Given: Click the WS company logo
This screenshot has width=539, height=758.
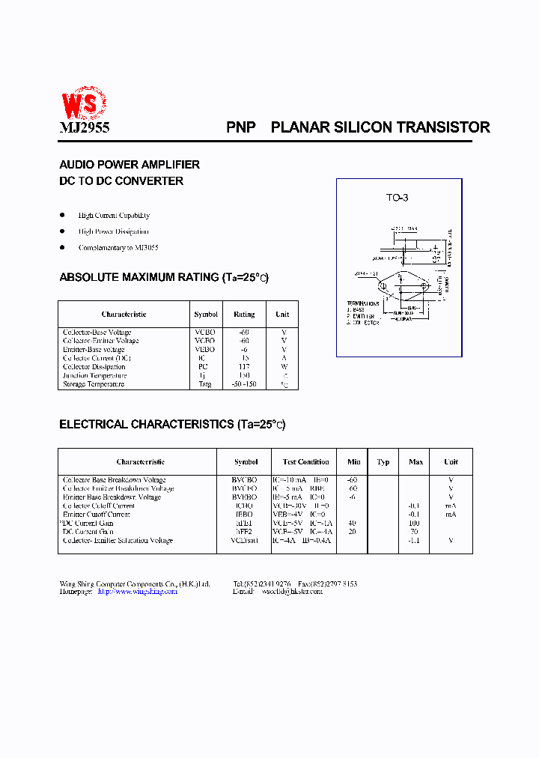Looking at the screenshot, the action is click(83, 103).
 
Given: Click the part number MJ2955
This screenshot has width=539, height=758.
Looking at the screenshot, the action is click(84, 128).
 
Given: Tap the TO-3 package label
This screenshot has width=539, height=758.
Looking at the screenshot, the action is click(397, 198).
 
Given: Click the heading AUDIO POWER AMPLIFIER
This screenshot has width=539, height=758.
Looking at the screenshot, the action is click(130, 164).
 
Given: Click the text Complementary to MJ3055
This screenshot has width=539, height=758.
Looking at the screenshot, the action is click(118, 247).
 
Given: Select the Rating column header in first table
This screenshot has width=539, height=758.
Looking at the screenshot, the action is click(244, 315).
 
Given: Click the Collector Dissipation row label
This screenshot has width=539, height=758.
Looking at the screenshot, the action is click(94, 367).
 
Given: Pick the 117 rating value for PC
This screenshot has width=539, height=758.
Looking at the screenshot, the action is click(244, 367).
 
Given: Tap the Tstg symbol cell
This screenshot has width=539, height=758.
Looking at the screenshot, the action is click(205, 384).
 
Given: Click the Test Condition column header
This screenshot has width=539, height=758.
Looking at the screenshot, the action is click(305, 461).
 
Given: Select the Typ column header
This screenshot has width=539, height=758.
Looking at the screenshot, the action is click(383, 461).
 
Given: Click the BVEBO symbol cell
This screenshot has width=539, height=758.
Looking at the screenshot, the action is click(246, 497).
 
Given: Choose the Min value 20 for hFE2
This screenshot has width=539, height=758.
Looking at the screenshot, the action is click(352, 532).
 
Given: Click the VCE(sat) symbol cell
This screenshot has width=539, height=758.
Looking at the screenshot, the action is click(246, 541).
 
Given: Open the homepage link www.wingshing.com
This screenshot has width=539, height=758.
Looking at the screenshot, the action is click(138, 592).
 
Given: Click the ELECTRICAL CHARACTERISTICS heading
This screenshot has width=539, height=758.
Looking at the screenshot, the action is click(172, 424).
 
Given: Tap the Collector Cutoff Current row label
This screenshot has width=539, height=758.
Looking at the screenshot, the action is click(99, 506).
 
